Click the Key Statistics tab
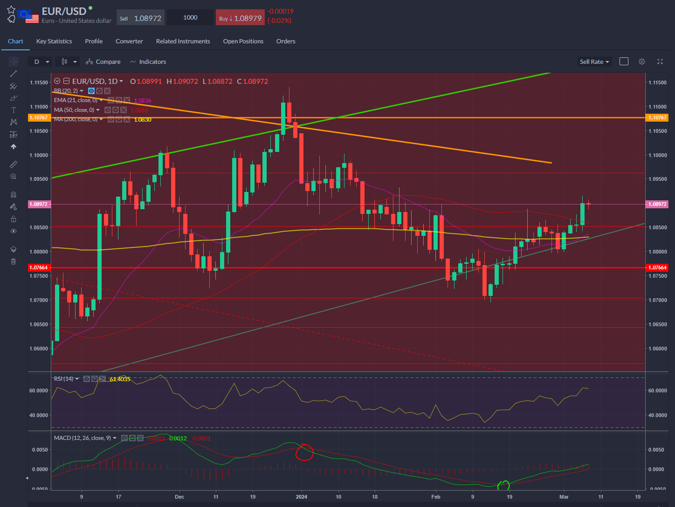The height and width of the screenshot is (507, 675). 54,41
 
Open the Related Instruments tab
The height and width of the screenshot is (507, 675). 183,41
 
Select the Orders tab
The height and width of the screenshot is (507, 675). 286,41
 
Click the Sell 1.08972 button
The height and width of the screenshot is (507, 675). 140,18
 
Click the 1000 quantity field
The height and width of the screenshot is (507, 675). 190,18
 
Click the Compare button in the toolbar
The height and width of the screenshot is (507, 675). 103,62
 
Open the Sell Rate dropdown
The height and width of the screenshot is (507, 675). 594,62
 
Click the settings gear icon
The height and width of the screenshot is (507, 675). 642,62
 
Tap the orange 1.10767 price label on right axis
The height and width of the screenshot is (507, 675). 657,117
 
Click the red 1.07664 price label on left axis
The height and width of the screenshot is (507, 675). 38,267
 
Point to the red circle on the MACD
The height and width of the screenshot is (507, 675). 304,452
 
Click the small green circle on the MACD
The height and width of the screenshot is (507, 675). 503,486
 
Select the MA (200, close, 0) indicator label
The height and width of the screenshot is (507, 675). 76,119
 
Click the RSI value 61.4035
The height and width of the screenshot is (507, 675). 120,379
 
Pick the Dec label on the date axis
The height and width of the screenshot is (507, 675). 179,496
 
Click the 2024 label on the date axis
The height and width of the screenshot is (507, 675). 302,496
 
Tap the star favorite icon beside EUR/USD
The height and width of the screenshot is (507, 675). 11,10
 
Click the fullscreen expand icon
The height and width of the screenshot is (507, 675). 660,62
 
